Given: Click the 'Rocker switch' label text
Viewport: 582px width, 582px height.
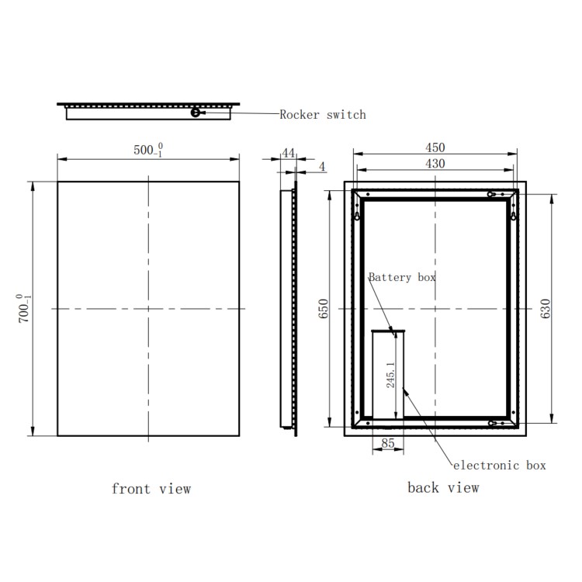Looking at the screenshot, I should tap(323, 115).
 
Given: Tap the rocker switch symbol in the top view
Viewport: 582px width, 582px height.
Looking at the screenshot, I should tap(196, 113).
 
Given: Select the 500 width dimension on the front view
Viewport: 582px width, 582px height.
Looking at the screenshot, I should tap(146, 151).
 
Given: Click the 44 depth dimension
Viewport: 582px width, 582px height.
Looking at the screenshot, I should tap(289, 154).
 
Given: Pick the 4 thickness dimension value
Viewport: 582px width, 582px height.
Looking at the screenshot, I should tap(322, 167).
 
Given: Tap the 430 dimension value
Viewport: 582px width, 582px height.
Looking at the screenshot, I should tap(435, 164).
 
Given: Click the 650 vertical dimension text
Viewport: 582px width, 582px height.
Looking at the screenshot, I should tap(324, 309).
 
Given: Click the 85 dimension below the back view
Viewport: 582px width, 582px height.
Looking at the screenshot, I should tap(388, 445).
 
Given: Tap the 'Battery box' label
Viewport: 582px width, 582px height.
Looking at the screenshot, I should tap(402, 277).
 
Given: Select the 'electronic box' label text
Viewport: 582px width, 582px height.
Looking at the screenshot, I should tap(499, 466).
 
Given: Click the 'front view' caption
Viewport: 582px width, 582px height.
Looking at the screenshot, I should tap(151, 489).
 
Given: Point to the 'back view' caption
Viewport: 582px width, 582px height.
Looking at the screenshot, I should tap(443, 488).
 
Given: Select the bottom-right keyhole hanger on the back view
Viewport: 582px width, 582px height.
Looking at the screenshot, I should tap(494, 424).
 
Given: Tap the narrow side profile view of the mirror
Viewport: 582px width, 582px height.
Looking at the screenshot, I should tap(288, 309).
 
